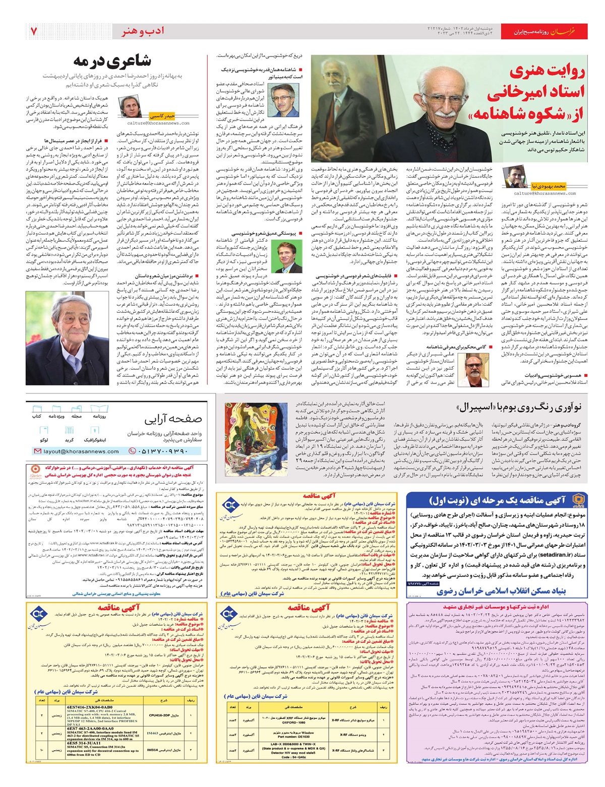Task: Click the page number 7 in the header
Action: point(33,31)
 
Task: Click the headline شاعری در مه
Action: point(112,62)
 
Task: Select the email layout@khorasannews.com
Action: point(81,452)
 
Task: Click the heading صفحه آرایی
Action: point(173,419)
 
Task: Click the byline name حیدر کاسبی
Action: point(166,116)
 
